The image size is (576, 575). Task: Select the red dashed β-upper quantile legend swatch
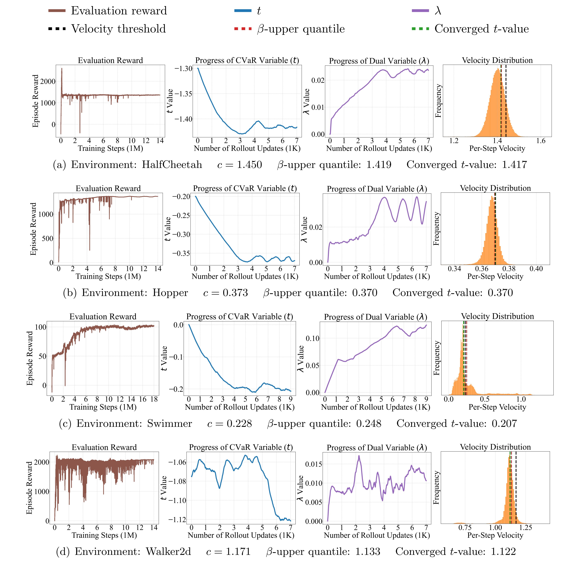[243, 29]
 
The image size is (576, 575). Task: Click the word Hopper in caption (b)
[170, 293]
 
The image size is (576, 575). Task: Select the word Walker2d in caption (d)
[168, 552]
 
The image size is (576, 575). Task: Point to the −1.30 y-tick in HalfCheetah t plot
[183, 69]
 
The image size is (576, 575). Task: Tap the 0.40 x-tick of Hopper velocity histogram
[536, 269]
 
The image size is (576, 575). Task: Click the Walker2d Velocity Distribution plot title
[495, 447]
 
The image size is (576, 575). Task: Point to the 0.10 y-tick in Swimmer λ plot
[312, 338]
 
